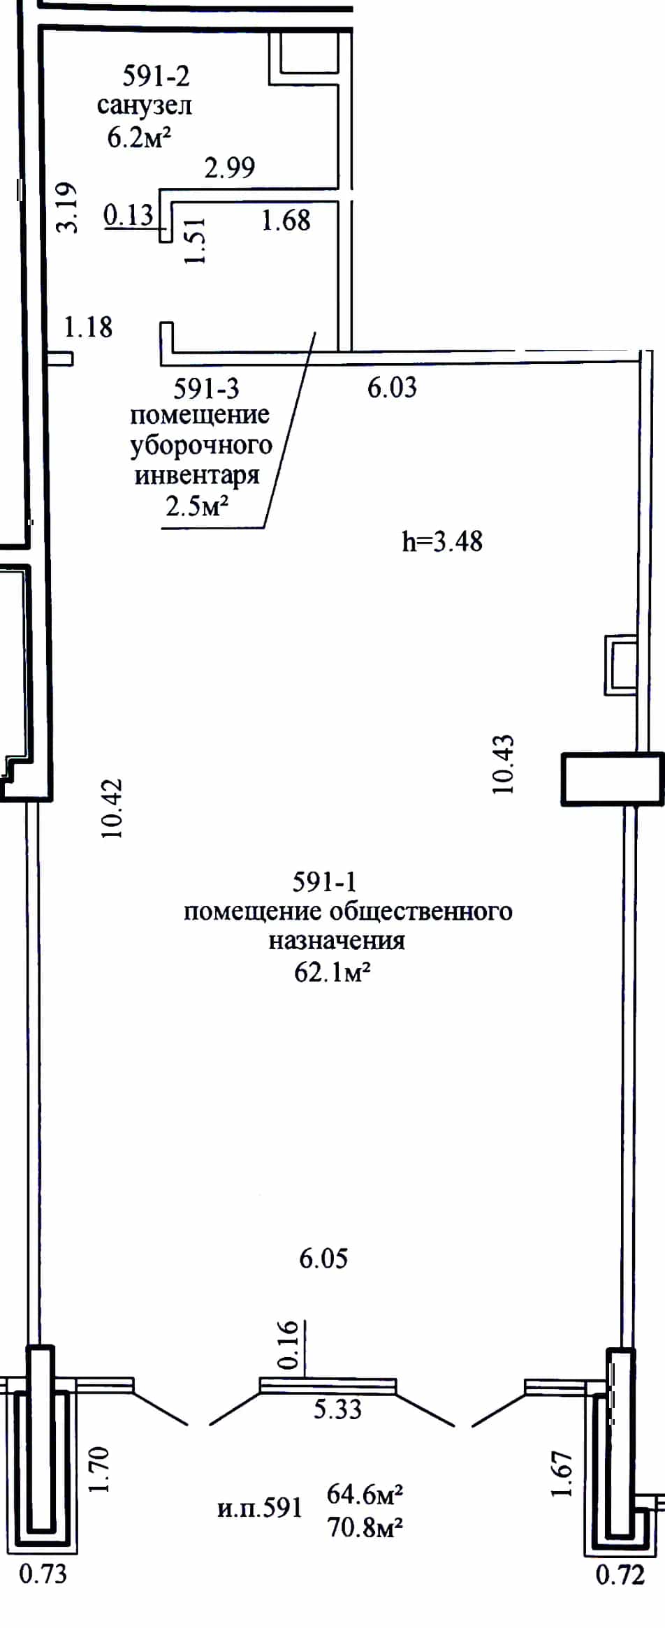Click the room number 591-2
[156, 75]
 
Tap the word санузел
[145, 106]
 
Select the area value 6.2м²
[139, 137]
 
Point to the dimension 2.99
[230, 168]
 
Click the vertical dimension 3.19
[67, 207]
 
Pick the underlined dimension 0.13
[129, 215]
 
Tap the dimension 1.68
[286, 221]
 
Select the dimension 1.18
[88, 327]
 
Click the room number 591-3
[206, 388]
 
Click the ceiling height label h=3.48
[442, 541]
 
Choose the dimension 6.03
[392, 388]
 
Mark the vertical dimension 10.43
[503, 763]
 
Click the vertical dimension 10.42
[112, 808]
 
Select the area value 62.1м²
[332, 971]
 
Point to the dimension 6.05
[323, 1259]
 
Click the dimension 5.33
[337, 1409]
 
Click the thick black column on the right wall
[613, 779]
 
